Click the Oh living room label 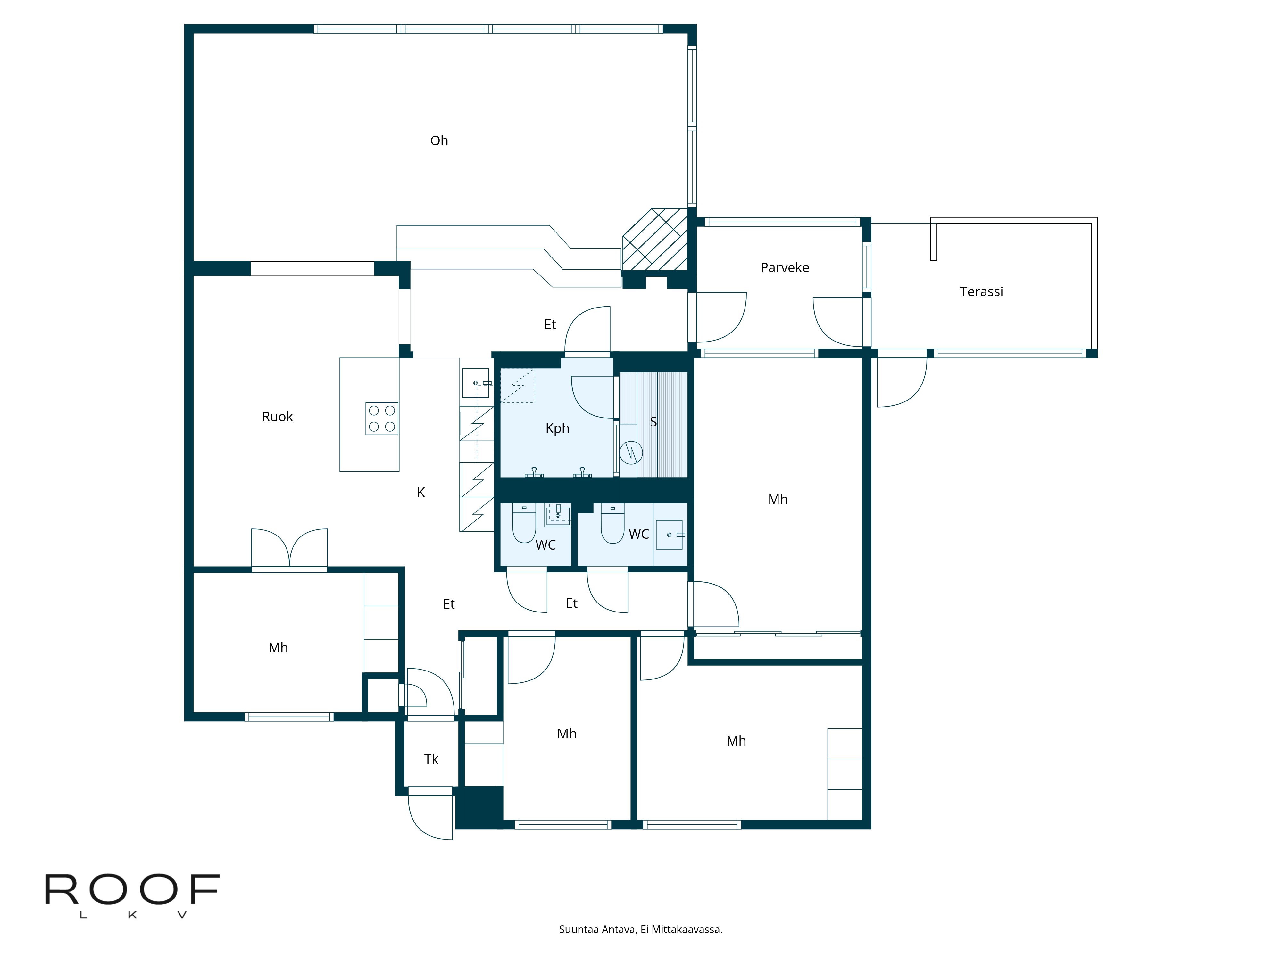tap(439, 141)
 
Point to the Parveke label tap(784, 268)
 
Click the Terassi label tap(981, 292)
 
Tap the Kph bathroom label tap(557, 428)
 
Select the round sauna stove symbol tap(630, 452)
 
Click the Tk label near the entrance tap(431, 759)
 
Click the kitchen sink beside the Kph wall tap(475, 383)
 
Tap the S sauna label tap(653, 422)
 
